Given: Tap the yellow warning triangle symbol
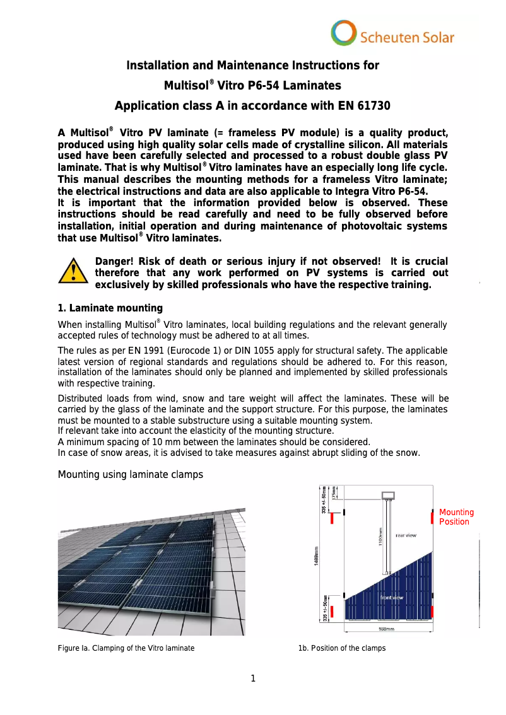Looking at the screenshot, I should pos(74,272).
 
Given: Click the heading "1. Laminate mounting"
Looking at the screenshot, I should pos(110,308).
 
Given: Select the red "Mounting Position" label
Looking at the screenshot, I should pos(456,517).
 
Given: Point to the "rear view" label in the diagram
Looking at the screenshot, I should pos(405,535).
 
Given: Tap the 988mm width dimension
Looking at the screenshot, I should pos(386,629).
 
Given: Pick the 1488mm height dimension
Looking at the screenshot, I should pos(316,555).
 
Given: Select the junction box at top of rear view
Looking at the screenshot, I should pos(387,495).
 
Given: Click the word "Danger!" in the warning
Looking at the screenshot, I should pos(113,262).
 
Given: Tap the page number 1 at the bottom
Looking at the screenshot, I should pos(253,679).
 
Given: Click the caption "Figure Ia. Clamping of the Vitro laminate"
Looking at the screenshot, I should pos(126,648).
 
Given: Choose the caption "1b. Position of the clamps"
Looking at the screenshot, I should pos(342,648).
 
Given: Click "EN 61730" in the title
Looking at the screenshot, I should pos(361,106).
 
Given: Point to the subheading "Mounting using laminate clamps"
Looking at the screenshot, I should pos(131,474).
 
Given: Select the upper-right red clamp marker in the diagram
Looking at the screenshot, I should pos(432,518).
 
